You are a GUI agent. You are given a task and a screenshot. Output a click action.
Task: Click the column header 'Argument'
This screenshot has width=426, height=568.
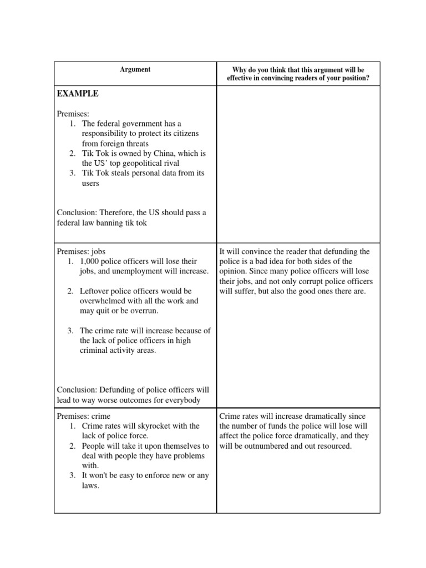click(135, 69)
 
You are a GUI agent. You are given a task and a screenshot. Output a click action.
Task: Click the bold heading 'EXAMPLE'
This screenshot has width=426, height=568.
click(78, 94)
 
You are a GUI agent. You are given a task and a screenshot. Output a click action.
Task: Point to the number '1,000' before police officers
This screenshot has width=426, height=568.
click(91, 261)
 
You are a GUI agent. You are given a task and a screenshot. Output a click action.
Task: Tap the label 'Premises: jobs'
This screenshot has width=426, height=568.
click(81, 251)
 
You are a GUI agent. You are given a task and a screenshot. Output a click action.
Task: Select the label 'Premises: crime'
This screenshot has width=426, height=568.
click(83, 416)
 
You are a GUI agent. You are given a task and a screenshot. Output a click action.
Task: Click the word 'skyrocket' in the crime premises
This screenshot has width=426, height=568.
click(147, 426)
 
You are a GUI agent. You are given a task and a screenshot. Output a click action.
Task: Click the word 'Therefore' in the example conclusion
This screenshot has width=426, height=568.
click(116, 213)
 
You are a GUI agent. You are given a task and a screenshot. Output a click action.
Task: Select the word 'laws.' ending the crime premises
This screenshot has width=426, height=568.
click(89, 486)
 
